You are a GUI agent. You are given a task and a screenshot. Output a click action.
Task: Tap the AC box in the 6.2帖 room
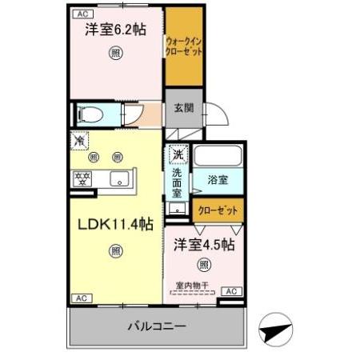[x=81, y=14]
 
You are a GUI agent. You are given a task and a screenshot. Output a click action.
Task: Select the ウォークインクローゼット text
[x=183, y=45]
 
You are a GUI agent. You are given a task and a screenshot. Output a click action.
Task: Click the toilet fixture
[x=90, y=114]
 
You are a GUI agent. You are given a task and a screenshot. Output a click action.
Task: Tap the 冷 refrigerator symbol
[x=79, y=141]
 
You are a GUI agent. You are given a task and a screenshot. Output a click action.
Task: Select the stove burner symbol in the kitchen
[x=82, y=178]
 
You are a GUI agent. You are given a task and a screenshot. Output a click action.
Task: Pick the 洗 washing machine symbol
[x=178, y=153]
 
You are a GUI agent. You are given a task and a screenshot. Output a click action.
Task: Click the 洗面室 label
[x=177, y=182]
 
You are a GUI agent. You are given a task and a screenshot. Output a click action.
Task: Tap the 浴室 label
[x=218, y=181]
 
